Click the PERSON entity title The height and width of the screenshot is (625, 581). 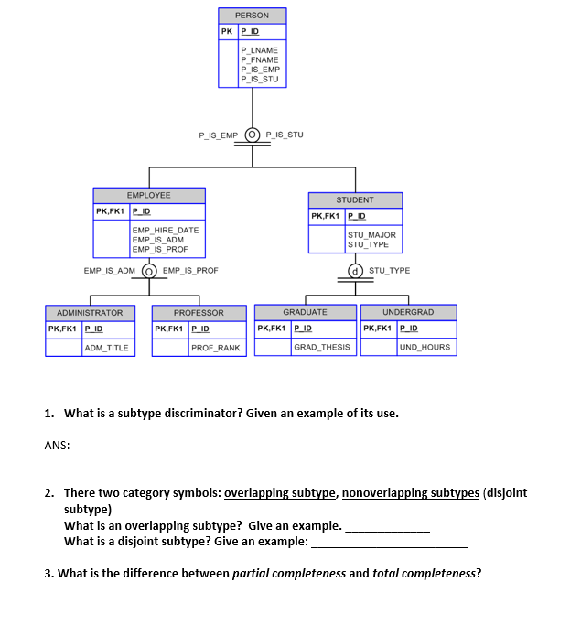pos(252,16)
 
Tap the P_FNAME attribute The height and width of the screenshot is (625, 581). pos(259,60)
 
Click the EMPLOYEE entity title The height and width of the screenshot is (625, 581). pos(148,195)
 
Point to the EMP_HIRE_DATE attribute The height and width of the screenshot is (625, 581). pos(166,231)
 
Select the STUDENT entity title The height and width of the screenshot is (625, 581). pos(355,199)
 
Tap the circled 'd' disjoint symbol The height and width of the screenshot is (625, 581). pos(354,271)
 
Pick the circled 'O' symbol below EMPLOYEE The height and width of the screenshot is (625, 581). pos(148,271)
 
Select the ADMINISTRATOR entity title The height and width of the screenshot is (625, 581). pos(90,313)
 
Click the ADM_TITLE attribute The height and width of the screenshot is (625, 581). pos(107,348)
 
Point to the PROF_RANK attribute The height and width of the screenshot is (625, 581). pos(217,348)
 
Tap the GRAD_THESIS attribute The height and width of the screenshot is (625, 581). pos(322,347)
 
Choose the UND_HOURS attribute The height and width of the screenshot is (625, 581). pos(425,347)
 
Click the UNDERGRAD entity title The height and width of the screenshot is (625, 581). pos(408,312)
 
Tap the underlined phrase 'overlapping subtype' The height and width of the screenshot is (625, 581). pos(280,492)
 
